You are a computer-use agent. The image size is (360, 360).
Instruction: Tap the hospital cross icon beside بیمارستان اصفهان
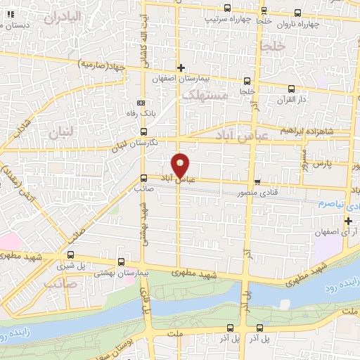click(181, 68)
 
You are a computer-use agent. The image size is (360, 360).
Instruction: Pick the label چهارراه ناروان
click(302, 23)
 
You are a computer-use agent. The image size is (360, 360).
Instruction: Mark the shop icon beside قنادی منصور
click(257, 180)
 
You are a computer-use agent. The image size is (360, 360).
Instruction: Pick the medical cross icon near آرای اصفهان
click(347, 221)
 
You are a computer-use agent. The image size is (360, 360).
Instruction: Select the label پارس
click(321, 164)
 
